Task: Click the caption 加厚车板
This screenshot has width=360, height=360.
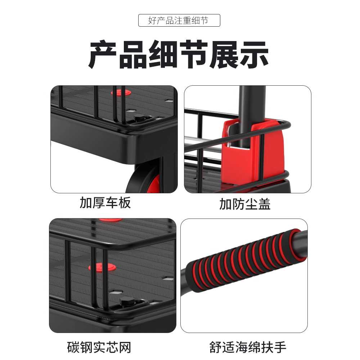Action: click(105, 202)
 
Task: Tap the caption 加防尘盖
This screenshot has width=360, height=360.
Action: click(245, 204)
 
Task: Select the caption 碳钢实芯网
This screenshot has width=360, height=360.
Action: click(99, 347)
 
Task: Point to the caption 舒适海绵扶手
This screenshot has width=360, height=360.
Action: click(248, 347)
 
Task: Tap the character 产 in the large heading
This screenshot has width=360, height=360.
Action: click(102, 54)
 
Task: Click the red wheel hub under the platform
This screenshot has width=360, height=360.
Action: click(154, 184)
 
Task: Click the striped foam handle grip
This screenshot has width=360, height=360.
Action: click(246, 260)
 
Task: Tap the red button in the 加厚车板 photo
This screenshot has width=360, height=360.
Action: click(121, 93)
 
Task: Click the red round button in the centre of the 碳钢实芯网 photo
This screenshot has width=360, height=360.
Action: click(102, 267)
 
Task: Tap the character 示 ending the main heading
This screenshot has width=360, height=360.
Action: click(254, 54)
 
